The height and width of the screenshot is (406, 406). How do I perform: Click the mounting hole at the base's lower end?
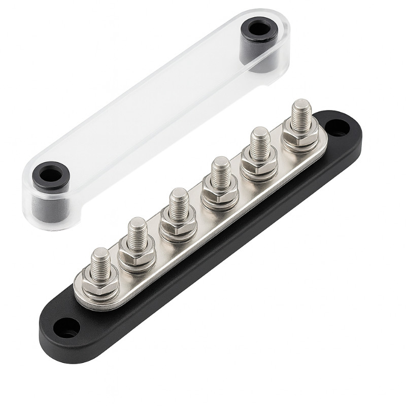click(x=67, y=328)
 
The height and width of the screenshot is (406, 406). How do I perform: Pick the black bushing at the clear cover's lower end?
click(x=50, y=174)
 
